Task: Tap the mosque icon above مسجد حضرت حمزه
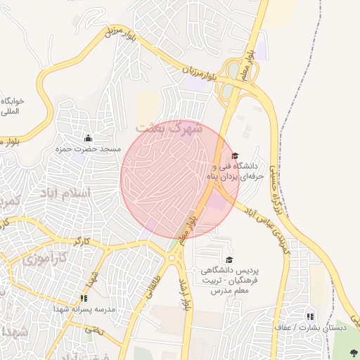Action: coord(88,138)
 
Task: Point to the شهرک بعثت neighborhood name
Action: coord(169,129)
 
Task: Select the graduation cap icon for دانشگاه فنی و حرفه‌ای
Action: coord(235,156)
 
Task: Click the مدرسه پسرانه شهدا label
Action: coord(84,309)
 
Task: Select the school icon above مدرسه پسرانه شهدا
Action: coord(84,298)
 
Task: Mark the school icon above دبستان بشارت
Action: coord(310,316)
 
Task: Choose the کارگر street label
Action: coord(82,241)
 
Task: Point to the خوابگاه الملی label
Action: coord(13,106)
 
